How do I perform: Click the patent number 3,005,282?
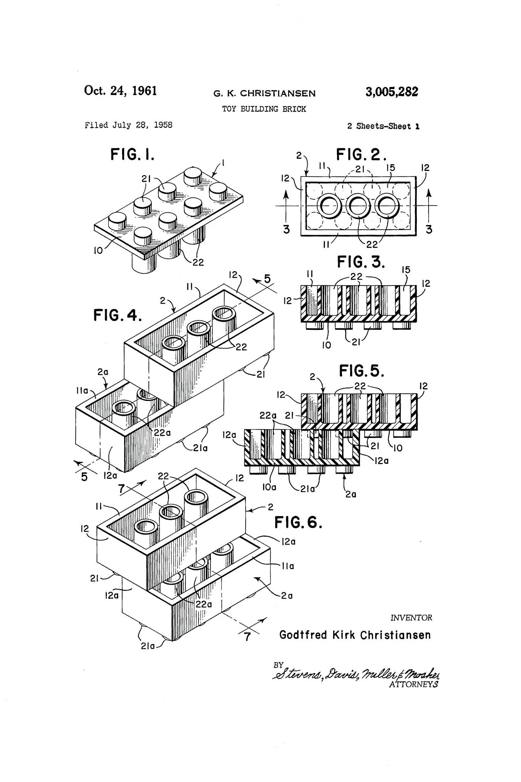tap(392, 92)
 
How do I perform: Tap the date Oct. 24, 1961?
tap(120, 91)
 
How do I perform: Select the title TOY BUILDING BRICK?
tap(264, 109)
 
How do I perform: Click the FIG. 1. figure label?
tap(132, 155)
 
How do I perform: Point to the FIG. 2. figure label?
tap(361, 155)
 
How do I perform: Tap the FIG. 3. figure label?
tap(361, 262)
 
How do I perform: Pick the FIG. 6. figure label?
tap(298, 522)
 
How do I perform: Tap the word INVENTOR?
tap(411, 618)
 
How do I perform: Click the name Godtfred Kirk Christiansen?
tap(355, 635)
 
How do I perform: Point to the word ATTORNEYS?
tap(413, 685)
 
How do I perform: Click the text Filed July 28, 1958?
tap(129, 125)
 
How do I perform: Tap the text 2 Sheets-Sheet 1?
tap(383, 126)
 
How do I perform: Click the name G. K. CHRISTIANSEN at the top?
tap(265, 93)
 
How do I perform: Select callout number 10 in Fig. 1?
tap(98, 251)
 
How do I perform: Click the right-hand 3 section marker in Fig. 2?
tap(429, 229)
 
